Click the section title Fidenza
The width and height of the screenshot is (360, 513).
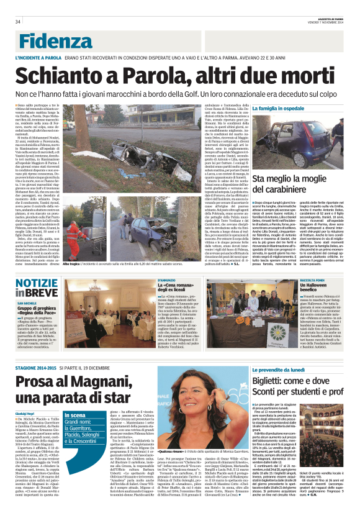click(50, 39)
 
